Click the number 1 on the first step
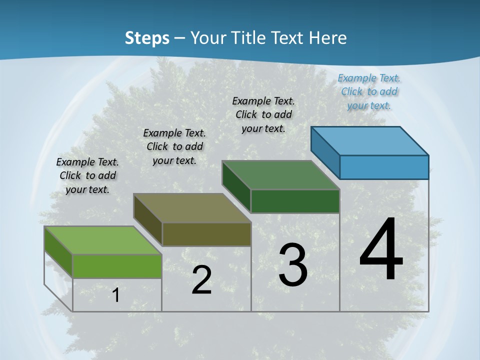click(116, 295)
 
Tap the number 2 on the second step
click(201, 280)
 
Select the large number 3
click(293, 265)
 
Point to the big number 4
click(381, 250)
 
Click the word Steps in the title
click(147, 38)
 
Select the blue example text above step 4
click(369, 91)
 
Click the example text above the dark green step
click(263, 114)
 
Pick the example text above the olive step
click(174, 146)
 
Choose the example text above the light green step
click(87, 175)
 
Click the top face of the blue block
click(369, 140)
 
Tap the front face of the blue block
click(384, 167)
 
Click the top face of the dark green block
click(280, 175)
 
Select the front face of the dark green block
click(295, 201)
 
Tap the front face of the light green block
click(117, 266)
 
